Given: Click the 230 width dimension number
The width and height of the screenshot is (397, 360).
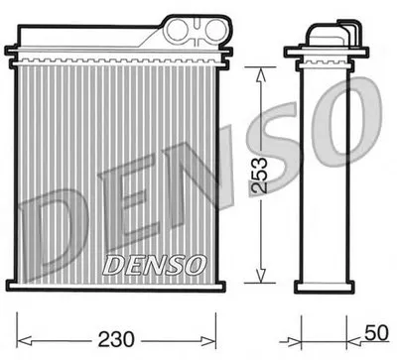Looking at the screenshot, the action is point(116,339).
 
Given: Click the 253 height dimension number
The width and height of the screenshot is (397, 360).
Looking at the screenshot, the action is point(259,175).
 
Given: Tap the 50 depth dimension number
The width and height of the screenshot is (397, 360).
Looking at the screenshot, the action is point(377,333).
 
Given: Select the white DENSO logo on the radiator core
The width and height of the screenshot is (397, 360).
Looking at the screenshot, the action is point(155,265).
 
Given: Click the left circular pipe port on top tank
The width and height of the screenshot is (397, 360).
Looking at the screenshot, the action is point(179,29).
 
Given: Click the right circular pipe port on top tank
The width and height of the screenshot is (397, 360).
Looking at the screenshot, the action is point(216,29).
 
